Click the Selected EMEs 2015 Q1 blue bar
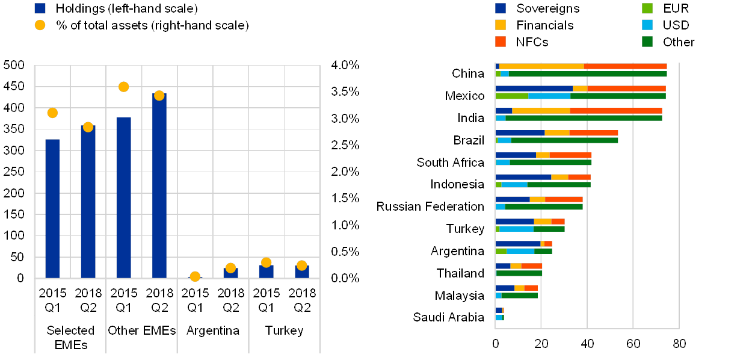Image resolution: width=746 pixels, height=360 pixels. (x=52, y=208)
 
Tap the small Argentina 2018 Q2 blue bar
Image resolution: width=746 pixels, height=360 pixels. (x=230, y=273)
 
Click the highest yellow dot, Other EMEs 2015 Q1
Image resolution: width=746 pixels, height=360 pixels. (x=123, y=87)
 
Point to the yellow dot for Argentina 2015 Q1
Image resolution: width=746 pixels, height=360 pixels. (x=195, y=276)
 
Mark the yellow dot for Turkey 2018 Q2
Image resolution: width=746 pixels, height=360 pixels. (x=301, y=265)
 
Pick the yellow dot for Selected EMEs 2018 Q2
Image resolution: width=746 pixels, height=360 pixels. (x=88, y=127)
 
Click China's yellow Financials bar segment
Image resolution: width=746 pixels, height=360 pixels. (x=541, y=66)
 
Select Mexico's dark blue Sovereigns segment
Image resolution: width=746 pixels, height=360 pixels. (x=534, y=88)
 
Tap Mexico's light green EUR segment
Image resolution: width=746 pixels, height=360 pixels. (x=511, y=96)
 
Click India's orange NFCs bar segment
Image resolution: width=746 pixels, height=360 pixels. (x=615, y=111)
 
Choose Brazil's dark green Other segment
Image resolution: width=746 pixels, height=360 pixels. (x=564, y=140)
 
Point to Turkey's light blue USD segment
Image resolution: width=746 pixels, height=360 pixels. (x=516, y=229)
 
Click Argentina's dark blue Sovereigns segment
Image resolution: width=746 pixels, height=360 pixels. (x=517, y=244)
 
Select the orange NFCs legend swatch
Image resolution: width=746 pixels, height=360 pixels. (x=501, y=42)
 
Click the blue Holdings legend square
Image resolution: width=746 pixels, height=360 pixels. (x=40, y=8)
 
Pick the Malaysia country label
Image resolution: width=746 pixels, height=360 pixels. (x=460, y=296)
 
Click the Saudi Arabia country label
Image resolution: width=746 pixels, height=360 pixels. (x=449, y=317)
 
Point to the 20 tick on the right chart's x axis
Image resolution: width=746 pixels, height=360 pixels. (x=541, y=344)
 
